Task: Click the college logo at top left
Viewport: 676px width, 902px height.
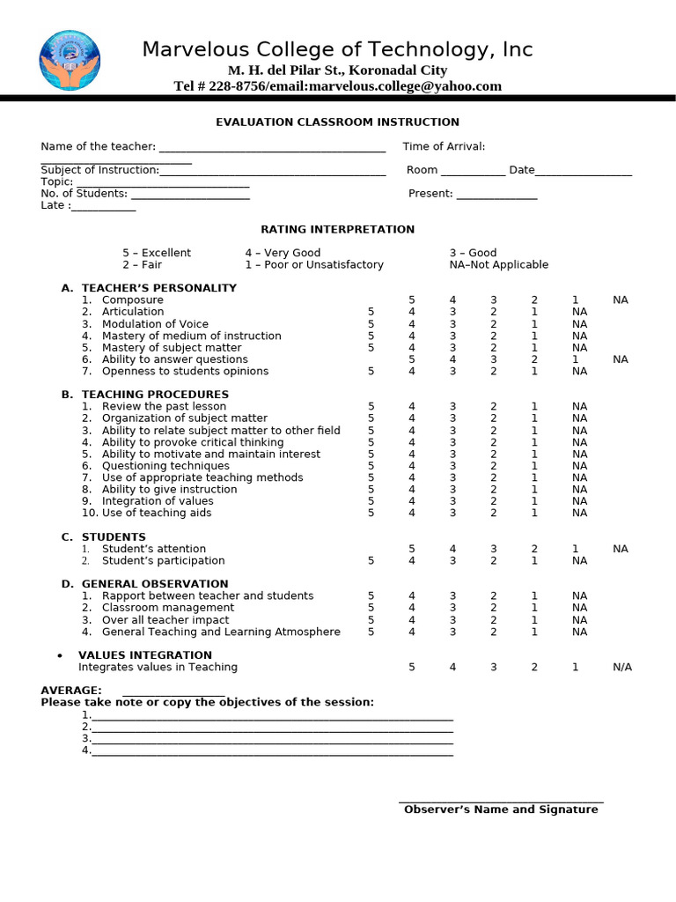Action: click(x=70, y=60)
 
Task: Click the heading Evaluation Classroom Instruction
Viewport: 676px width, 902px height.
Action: click(x=338, y=122)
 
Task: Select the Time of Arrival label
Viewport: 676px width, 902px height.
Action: click(x=444, y=147)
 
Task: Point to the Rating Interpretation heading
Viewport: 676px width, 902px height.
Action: click(x=337, y=230)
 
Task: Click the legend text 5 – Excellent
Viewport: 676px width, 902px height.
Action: click(x=157, y=253)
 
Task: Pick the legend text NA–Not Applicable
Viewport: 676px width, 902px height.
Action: click(x=498, y=265)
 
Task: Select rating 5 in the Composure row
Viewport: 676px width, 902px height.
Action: click(x=412, y=300)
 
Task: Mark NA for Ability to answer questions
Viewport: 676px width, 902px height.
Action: click(x=621, y=359)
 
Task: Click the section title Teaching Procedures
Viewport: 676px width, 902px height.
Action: click(x=155, y=395)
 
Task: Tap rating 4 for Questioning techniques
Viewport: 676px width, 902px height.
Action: click(x=412, y=466)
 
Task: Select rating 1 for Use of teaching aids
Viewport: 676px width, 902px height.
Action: click(x=534, y=514)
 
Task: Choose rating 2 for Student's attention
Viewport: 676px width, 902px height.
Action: click(x=534, y=549)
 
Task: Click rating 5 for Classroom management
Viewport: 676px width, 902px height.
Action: click(x=371, y=608)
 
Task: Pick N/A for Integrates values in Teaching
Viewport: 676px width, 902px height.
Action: click(x=622, y=668)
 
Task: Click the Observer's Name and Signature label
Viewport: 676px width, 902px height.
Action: click(x=501, y=810)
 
